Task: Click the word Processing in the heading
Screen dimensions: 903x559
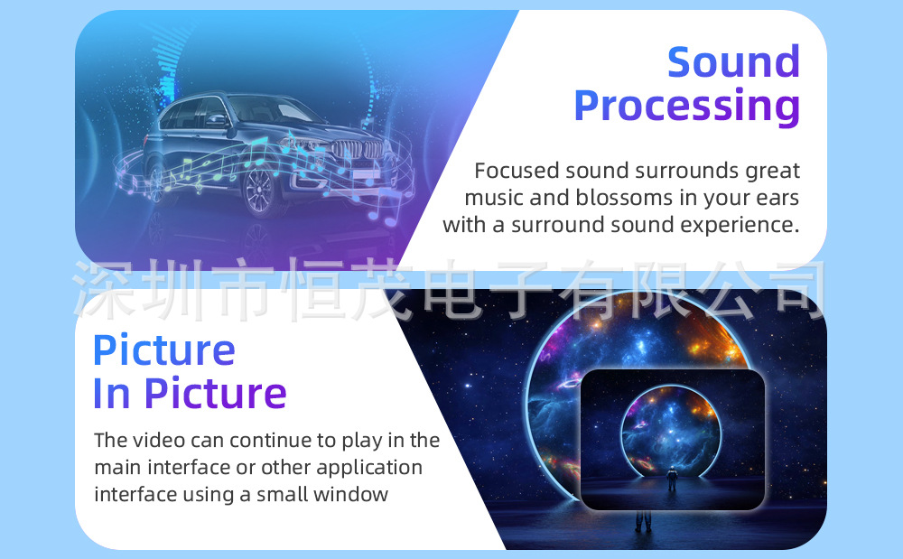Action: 687,107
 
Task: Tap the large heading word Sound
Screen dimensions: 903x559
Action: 733,61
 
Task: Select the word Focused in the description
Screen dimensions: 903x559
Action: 517,171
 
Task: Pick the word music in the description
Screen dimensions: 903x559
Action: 494,198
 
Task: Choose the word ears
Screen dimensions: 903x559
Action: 777,198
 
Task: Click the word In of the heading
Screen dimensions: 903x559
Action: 112,394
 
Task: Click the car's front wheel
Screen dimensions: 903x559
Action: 258,190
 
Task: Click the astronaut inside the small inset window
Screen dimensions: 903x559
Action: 672,477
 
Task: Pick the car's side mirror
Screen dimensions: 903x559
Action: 217,120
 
